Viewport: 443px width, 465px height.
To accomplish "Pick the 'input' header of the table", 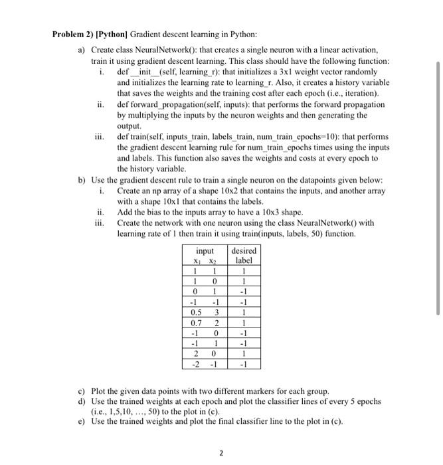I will coord(205,250).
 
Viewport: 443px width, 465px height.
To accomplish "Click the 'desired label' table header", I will coord(244,256).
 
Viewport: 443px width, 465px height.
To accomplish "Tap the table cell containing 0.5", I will coord(195,312).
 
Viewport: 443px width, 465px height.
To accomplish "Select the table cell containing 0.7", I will coord(195,322).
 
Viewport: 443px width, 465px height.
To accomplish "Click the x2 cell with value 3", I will coord(216,312).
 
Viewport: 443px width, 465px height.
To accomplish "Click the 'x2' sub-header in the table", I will coord(216,261).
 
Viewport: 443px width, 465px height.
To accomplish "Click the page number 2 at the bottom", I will coord(221,454).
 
